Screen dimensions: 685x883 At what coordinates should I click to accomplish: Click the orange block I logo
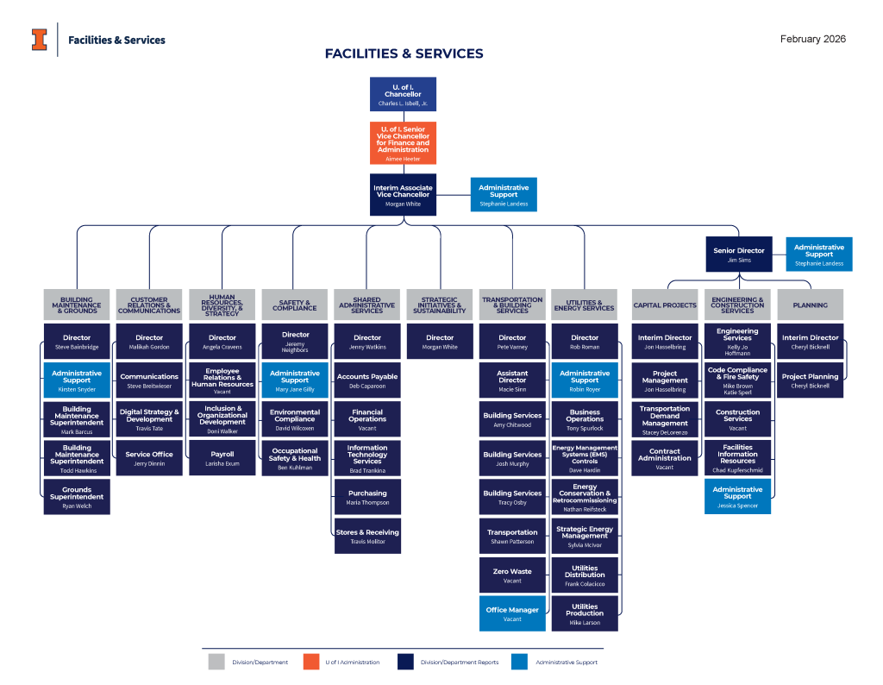coord(39,40)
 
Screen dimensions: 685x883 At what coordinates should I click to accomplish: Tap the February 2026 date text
coord(812,39)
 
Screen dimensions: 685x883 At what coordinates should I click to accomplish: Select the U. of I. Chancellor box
coord(403,94)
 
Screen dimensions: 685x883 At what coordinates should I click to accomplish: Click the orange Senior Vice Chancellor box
coord(403,142)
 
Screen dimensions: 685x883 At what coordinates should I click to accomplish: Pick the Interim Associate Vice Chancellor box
coord(403,194)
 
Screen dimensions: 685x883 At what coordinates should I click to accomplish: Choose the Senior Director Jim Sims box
coord(738,254)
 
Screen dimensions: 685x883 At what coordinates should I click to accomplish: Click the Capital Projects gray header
coord(665,305)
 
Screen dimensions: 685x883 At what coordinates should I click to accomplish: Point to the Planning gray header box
coord(810,305)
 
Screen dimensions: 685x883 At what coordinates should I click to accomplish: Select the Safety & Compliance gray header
coord(295,305)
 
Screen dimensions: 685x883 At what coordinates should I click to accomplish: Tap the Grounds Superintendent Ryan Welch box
coord(77,497)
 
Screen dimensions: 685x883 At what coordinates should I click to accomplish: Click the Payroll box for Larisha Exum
coord(222,458)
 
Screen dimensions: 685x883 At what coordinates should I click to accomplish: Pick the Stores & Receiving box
coord(367,536)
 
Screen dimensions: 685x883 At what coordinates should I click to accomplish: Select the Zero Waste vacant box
coord(512,575)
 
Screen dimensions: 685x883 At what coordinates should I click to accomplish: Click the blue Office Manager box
coord(512,613)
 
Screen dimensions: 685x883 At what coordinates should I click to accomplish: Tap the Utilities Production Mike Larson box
coord(585,613)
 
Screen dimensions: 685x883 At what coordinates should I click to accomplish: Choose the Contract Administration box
coord(665,458)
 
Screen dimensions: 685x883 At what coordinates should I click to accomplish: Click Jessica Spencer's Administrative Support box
coord(737,496)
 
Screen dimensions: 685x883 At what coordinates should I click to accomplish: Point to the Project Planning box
coord(810,380)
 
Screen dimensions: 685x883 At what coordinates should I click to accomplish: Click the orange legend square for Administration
coord(311,662)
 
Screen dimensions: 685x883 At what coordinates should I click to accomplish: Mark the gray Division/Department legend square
coord(216,662)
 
